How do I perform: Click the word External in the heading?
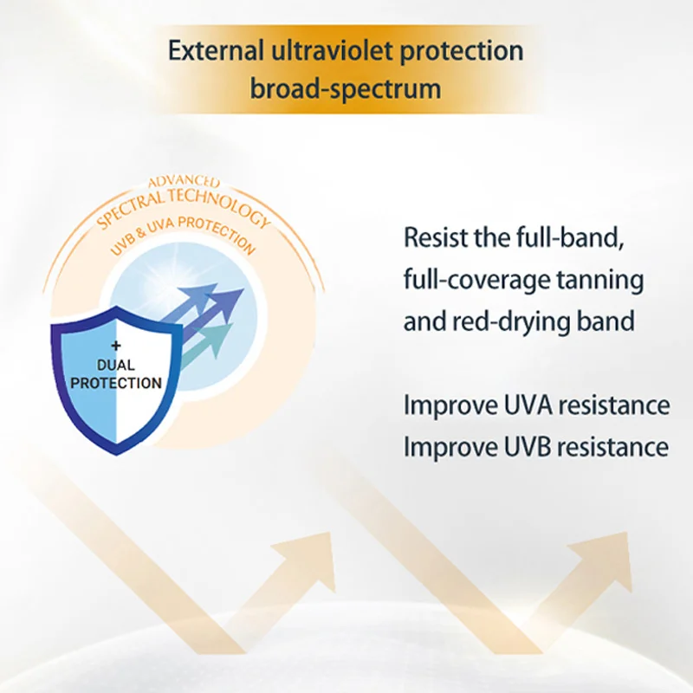pos(216,50)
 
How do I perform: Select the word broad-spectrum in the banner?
pos(346,88)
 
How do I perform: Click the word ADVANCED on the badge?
pos(184,182)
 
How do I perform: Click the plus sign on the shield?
pos(116,345)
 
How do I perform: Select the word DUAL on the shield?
pos(116,365)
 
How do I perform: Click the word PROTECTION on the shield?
pos(116,383)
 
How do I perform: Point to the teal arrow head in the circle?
pos(219,338)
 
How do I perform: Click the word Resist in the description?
pos(436,237)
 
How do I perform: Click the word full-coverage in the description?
pos(476,280)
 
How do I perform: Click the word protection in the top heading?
pos(462,51)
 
